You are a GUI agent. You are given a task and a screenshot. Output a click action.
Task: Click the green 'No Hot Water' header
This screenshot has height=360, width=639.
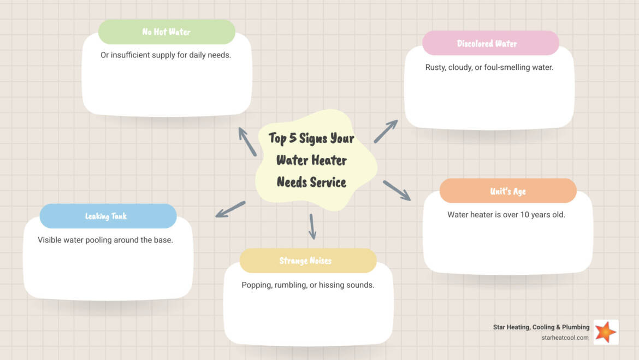tap(167, 32)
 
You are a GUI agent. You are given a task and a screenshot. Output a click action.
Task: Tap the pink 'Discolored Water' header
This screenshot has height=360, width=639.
tap(490, 43)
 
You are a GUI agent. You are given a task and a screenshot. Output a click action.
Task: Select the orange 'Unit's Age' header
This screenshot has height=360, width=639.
tap(508, 191)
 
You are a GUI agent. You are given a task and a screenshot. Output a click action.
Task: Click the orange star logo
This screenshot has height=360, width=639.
tap(606, 332)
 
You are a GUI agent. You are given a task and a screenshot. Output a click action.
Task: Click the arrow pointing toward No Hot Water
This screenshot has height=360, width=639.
tap(247, 141)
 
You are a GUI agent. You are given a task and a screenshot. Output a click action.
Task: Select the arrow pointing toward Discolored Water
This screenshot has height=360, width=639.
tap(386, 132)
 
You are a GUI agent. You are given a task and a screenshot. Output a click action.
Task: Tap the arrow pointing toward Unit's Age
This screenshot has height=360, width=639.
tap(397, 190)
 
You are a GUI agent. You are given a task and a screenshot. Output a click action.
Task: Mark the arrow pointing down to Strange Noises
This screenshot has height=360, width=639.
tap(312, 226)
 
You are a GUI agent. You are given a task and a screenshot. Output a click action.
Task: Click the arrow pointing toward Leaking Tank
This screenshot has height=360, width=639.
tap(230, 209)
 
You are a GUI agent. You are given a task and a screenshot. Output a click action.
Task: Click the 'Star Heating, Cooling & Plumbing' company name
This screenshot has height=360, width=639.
tap(541, 327)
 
